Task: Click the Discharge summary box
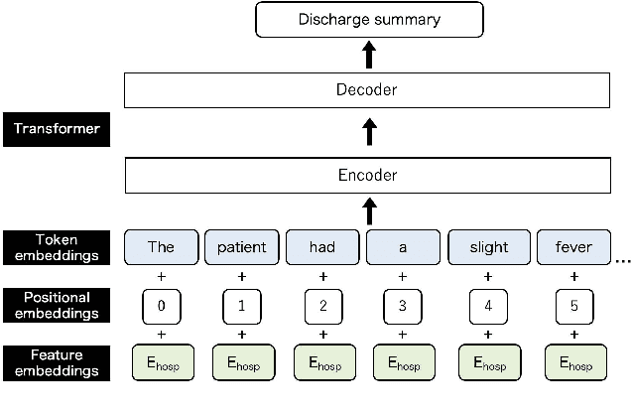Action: [x=369, y=19]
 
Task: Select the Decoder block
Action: [x=366, y=90]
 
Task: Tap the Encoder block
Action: [x=366, y=176]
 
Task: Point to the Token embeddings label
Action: [x=56, y=246]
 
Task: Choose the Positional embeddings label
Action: [x=56, y=304]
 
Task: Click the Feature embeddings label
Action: [x=56, y=363]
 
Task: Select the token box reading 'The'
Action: [x=160, y=247]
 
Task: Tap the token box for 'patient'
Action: [x=241, y=247]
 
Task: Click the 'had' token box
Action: [x=322, y=247]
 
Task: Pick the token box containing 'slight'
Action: [x=487, y=247]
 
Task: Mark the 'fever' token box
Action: [x=573, y=247]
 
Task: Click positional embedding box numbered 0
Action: [x=161, y=306]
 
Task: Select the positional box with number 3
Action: [x=402, y=306]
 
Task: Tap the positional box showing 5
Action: [x=573, y=306]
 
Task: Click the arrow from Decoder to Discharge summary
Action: [x=369, y=55]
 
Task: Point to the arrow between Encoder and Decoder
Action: [x=369, y=132]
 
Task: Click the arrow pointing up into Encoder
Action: [x=369, y=210]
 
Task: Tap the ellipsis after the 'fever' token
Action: [x=622, y=260]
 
